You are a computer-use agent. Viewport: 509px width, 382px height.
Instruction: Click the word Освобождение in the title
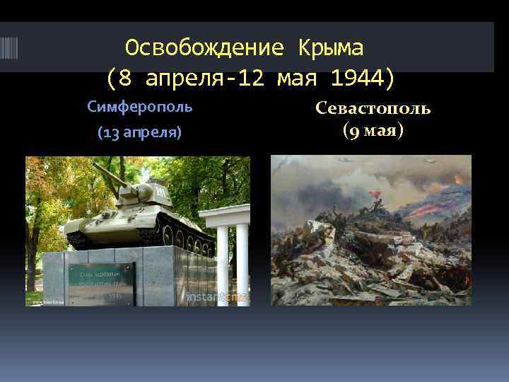click(x=204, y=47)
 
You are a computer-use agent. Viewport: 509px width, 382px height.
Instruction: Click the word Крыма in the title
click(x=331, y=47)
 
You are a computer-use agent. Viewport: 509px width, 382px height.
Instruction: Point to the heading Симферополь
click(x=139, y=107)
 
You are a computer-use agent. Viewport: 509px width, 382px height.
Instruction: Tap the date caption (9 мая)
click(x=373, y=131)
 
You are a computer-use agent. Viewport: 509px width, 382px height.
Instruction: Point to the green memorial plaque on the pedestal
click(x=101, y=284)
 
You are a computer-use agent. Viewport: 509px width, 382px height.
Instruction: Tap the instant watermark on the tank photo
click(x=216, y=298)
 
